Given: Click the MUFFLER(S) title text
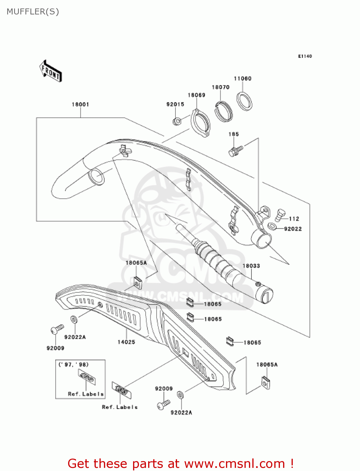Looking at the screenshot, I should coord(33,12).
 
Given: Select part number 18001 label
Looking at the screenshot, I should coord(80,105).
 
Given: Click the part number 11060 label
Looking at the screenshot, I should coord(243,78).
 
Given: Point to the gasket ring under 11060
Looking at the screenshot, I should coord(244,101).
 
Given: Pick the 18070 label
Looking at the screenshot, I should coord(221,87).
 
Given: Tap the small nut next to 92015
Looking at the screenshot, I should coord(177,121).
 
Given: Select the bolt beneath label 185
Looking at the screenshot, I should coord(235,151).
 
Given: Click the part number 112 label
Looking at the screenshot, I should coord(294,219).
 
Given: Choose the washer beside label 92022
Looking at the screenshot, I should coord(272,226).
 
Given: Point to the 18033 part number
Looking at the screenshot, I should coord(251,266).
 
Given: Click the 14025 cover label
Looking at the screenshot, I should coord(126,342).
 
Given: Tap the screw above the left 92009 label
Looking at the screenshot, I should coord(57,329).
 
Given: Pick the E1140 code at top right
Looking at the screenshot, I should coord(305,56).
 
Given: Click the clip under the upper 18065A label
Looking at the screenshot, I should coord(137,283).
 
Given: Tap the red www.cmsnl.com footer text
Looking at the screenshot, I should coord(180,464).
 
